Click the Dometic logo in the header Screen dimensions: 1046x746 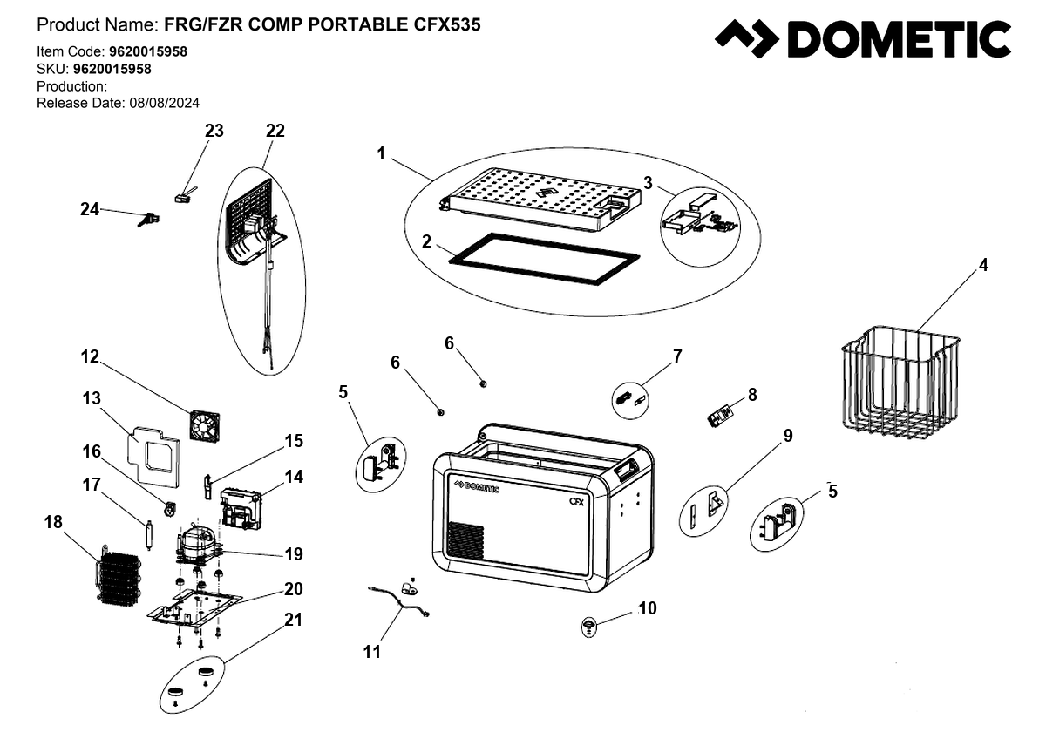pyautogui.click(x=862, y=38)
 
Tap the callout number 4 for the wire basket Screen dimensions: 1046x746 pyautogui.click(x=983, y=265)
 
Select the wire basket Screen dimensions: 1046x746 pyautogui.click(x=900, y=382)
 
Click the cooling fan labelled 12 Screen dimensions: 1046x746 pyautogui.click(x=205, y=426)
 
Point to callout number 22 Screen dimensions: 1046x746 pyautogui.click(x=275, y=131)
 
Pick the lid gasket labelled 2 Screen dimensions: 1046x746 pyautogui.click(x=544, y=260)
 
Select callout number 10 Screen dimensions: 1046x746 pyautogui.click(x=647, y=608)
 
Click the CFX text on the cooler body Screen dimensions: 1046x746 pyautogui.click(x=576, y=502)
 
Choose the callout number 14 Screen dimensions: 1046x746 pyautogui.click(x=294, y=477)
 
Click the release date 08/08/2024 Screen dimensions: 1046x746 pyautogui.click(x=165, y=103)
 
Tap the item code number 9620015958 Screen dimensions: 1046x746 pyautogui.click(x=148, y=51)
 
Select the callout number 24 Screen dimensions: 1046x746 pyautogui.click(x=90, y=209)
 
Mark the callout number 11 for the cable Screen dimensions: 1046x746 pyautogui.click(x=371, y=652)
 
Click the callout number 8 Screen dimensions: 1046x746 pyautogui.click(x=752, y=395)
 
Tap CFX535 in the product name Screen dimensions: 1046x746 pyautogui.click(x=447, y=24)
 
